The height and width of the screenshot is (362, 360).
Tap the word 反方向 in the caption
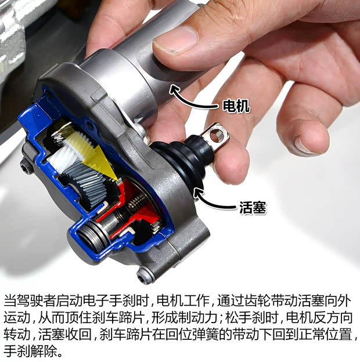click(334, 318)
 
